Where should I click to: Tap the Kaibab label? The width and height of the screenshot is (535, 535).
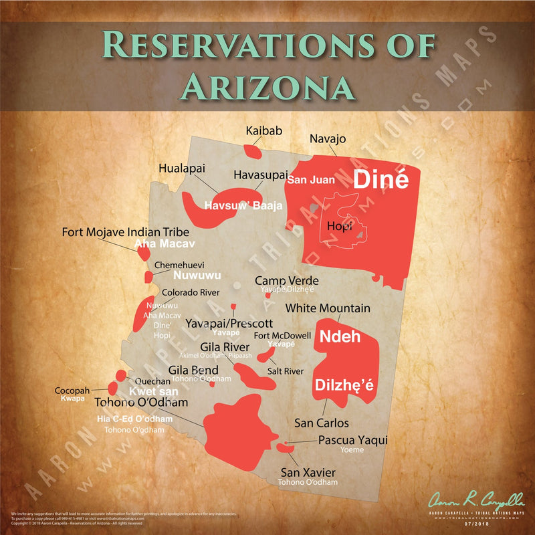coord(260,131)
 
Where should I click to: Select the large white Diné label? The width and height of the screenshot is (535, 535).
coord(381,179)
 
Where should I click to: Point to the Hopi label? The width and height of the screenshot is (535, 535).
coord(339,227)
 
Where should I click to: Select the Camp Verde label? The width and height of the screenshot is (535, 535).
coord(286,280)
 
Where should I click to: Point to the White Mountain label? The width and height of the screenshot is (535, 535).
coord(328,308)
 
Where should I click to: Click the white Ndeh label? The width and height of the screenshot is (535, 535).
coord(340,336)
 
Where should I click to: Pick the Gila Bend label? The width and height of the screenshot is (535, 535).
coord(193,370)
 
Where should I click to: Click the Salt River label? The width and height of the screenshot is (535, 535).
coord(286,371)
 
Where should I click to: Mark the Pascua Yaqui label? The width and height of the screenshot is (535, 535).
coord(352,440)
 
